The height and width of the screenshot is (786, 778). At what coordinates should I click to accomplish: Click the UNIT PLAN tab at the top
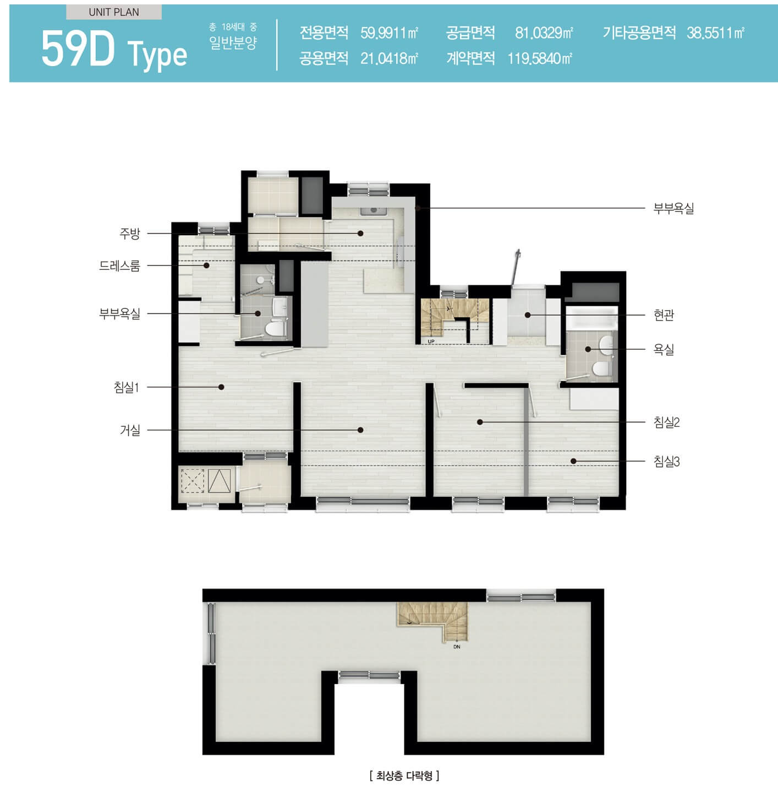pyautogui.click(x=114, y=12)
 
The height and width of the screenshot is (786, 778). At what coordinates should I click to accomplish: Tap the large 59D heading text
pyautogui.click(x=78, y=50)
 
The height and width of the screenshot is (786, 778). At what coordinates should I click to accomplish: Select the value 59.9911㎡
pyautogui.click(x=389, y=32)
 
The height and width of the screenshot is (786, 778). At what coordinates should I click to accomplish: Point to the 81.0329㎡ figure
pyautogui.click(x=544, y=32)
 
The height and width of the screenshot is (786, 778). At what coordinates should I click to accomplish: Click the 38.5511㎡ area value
pyautogui.click(x=715, y=32)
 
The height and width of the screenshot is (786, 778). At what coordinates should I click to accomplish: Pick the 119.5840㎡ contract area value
pyautogui.click(x=540, y=59)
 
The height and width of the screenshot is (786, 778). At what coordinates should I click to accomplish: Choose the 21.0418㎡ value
pyautogui.click(x=389, y=59)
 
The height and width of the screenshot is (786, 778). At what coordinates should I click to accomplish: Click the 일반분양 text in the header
pyautogui.click(x=233, y=43)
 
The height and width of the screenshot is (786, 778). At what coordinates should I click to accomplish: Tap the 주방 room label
pyautogui.click(x=130, y=234)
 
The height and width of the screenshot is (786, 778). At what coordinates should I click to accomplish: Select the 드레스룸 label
pyautogui.click(x=120, y=265)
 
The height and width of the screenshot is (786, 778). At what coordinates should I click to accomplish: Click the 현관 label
pyautogui.click(x=664, y=315)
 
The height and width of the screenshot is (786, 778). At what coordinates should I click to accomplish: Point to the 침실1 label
pyautogui.click(x=127, y=387)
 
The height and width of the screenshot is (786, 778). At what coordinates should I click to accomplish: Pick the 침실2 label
pyautogui.click(x=667, y=422)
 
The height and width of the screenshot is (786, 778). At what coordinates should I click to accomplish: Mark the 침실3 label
pyautogui.click(x=667, y=462)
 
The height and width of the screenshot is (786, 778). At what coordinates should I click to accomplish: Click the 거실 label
pyautogui.click(x=130, y=430)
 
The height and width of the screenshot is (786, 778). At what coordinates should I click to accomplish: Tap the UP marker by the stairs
pyautogui.click(x=431, y=341)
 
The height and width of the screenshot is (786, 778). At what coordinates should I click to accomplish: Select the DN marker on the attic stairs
pyautogui.click(x=457, y=647)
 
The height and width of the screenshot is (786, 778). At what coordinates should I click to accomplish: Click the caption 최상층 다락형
pyautogui.click(x=404, y=775)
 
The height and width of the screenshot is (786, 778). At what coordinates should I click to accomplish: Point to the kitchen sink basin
pyautogui.click(x=373, y=211)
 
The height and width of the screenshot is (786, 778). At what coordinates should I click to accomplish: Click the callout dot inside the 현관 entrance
pyautogui.click(x=527, y=315)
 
